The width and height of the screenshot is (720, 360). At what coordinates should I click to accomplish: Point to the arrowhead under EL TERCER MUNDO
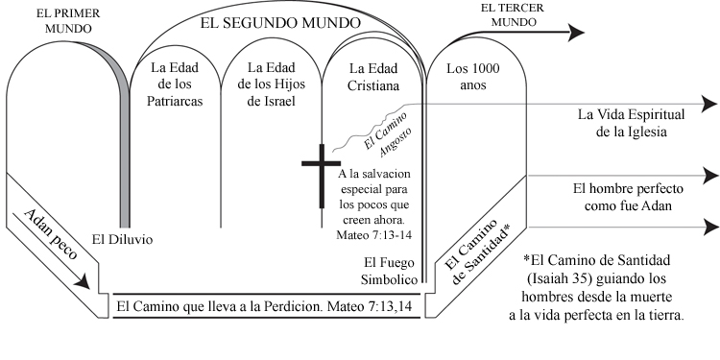click(575, 32)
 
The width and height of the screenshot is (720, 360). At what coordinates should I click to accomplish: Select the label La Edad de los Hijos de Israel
click(272, 84)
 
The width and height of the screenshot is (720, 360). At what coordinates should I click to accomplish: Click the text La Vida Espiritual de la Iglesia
click(621, 123)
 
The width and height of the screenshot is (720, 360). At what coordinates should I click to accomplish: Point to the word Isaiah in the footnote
click(557, 278)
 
